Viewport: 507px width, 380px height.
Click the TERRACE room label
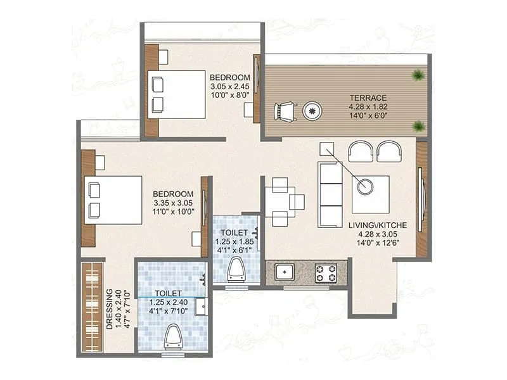(x=368, y=98)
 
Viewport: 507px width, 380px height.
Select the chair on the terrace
(x=285, y=112)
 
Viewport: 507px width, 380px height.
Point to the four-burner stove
(x=326, y=273)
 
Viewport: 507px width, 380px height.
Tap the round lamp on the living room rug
(x=364, y=186)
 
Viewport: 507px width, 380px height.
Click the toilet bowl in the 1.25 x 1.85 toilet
(x=237, y=270)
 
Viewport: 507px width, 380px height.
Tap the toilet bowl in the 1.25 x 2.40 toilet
(x=173, y=336)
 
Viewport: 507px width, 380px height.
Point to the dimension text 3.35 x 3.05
(x=173, y=203)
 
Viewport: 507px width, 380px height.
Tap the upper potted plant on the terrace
(x=418, y=75)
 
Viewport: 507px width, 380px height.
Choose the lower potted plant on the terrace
(x=418, y=126)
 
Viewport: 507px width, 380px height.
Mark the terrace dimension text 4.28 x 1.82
(x=368, y=107)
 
